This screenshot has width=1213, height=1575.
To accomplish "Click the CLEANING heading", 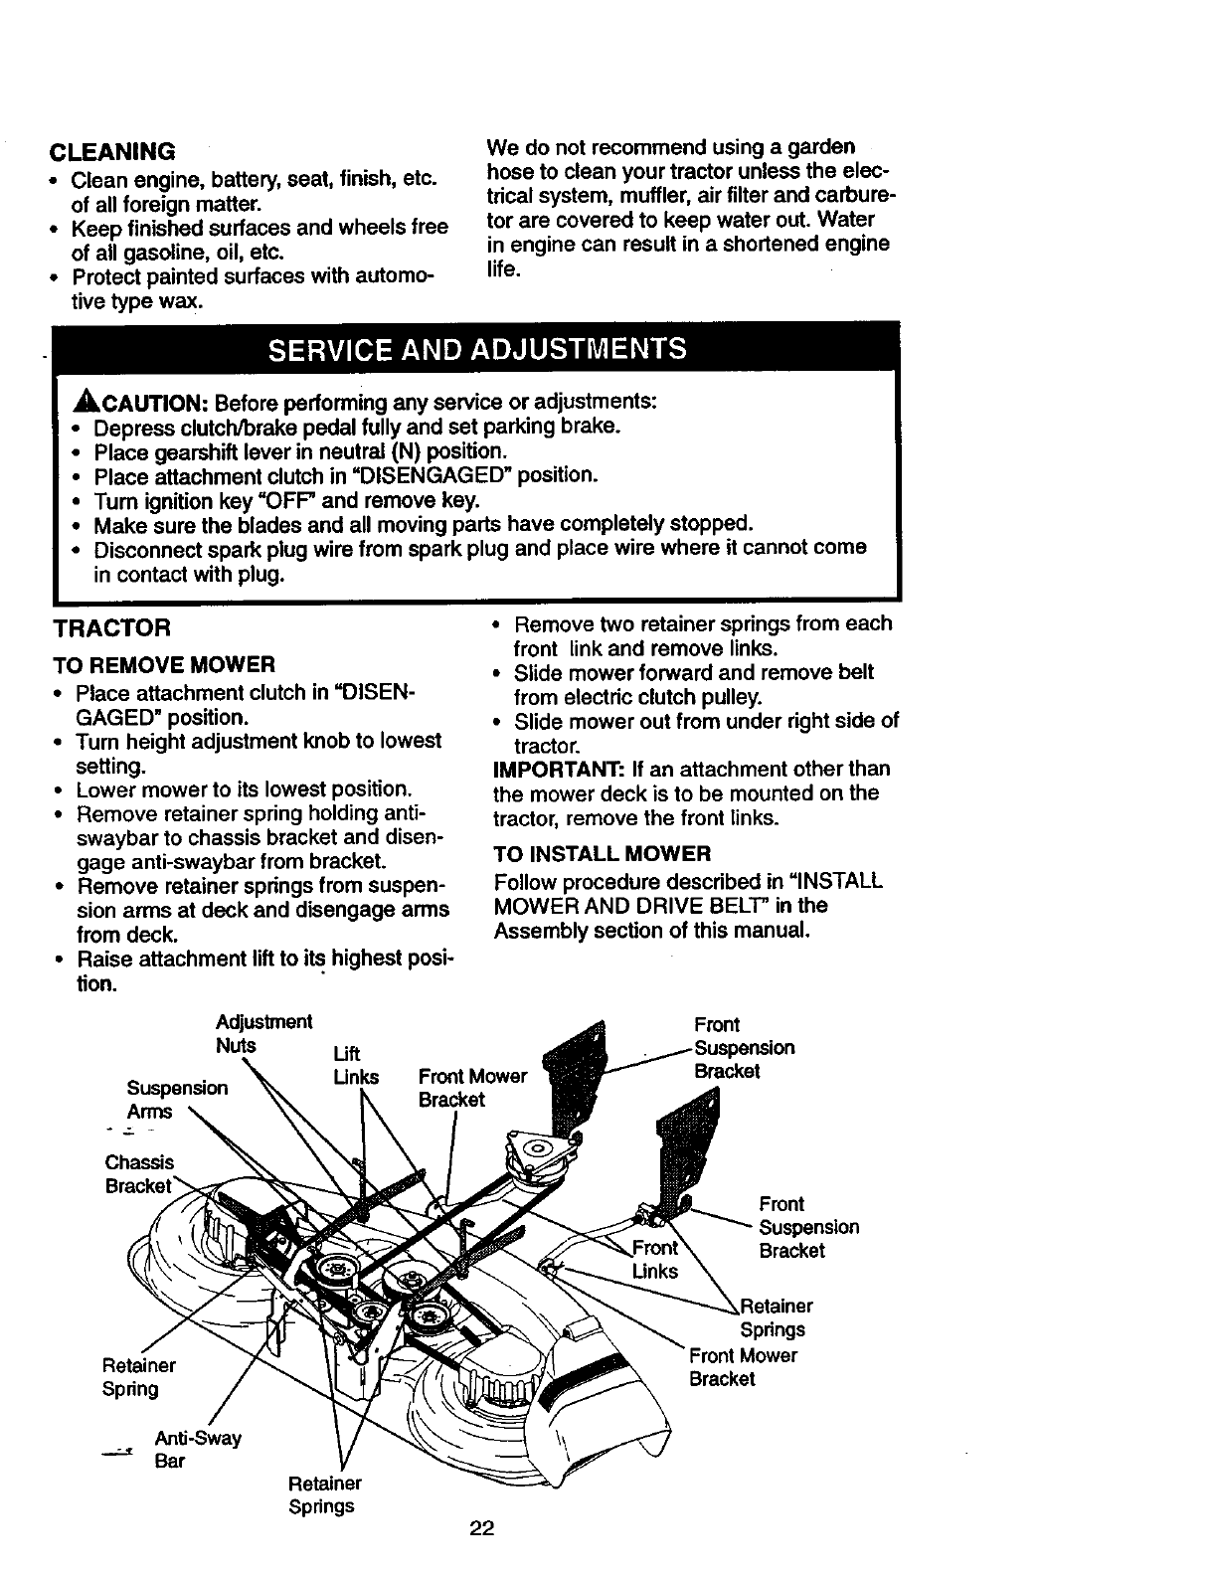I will [112, 151].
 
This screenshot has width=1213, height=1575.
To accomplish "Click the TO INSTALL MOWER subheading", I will [603, 854].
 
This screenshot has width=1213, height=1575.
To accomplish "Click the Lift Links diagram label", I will [354, 1065].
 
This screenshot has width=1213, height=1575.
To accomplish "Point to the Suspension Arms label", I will [176, 1100].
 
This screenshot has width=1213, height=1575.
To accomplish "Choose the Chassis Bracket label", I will [139, 1174].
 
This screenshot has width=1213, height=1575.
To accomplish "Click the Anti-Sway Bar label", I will [197, 1450].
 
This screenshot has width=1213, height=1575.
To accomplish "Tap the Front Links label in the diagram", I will [655, 1260].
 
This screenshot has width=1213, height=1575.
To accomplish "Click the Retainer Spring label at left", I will [138, 1377].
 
